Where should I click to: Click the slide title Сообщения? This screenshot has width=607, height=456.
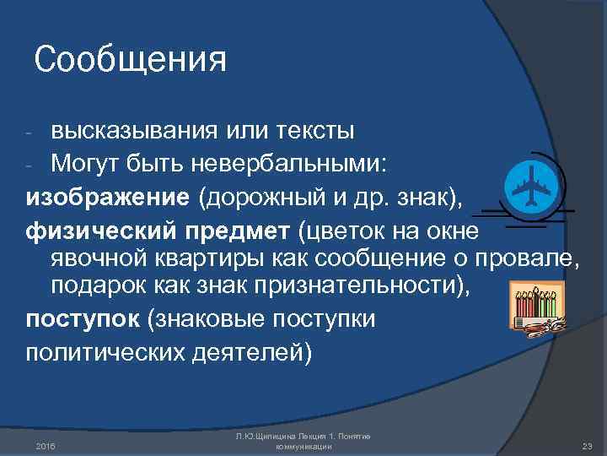click(131, 61)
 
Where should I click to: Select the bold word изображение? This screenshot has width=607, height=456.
click(107, 198)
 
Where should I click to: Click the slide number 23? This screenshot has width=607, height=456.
click(588, 444)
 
